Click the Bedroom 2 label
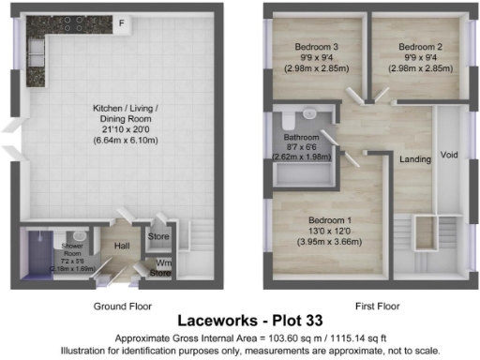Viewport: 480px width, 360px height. (x=419, y=46)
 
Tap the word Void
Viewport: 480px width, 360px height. (x=449, y=155)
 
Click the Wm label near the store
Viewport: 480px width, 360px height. (x=164, y=263)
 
